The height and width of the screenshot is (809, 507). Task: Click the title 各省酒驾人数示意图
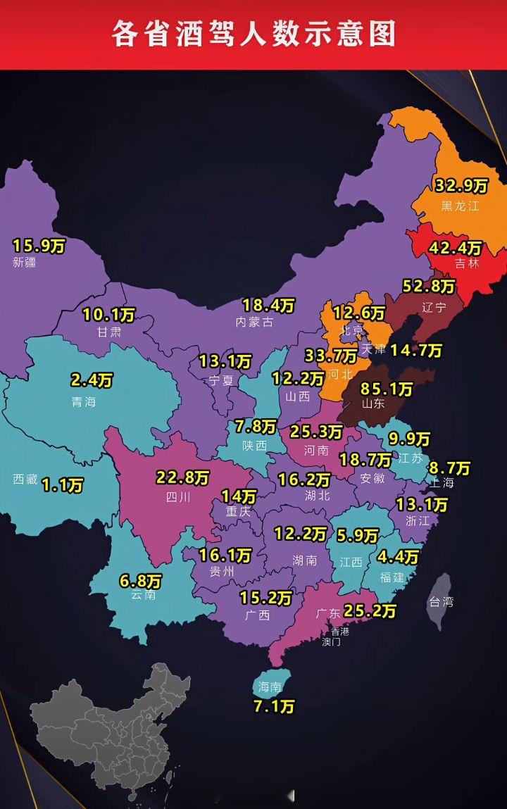[x=254, y=34]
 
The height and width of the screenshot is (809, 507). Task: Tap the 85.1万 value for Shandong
[x=387, y=389]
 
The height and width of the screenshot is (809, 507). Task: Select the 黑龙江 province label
[x=460, y=206]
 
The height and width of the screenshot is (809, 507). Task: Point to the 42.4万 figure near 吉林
[x=456, y=249]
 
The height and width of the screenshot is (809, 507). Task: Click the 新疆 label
[x=24, y=263]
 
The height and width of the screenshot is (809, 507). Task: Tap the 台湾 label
[x=441, y=602]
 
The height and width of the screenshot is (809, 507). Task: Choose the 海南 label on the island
[x=270, y=687]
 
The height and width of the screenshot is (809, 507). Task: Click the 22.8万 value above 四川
[x=182, y=478]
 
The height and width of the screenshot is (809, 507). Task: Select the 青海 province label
[x=84, y=402]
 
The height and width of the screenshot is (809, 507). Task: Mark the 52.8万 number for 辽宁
[x=429, y=287]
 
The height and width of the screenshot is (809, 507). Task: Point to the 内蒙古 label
[x=254, y=322]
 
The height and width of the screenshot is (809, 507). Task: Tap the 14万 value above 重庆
[x=239, y=496]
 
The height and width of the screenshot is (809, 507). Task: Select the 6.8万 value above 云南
[x=140, y=582]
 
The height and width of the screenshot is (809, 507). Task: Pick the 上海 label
[x=443, y=483]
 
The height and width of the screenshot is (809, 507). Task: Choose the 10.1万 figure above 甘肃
[x=108, y=315]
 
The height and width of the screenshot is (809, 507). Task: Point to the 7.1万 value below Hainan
[x=274, y=706]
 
